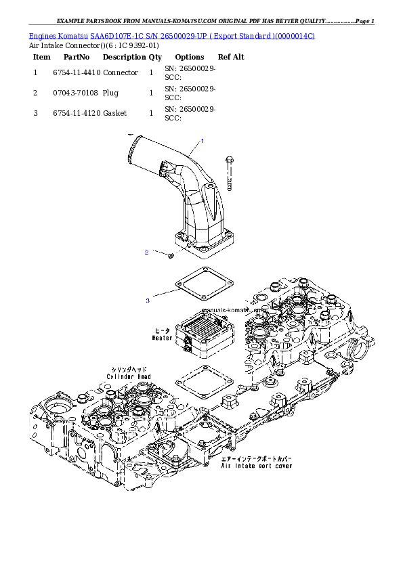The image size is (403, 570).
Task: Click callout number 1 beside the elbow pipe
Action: [201, 141]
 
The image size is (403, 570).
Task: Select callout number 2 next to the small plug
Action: [146, 253]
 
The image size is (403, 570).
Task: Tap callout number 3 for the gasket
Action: [147, 299]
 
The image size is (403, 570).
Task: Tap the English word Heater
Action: [163, 336]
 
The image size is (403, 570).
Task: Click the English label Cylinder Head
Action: [128, 376]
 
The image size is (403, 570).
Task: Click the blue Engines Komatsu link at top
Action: [171, 34]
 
